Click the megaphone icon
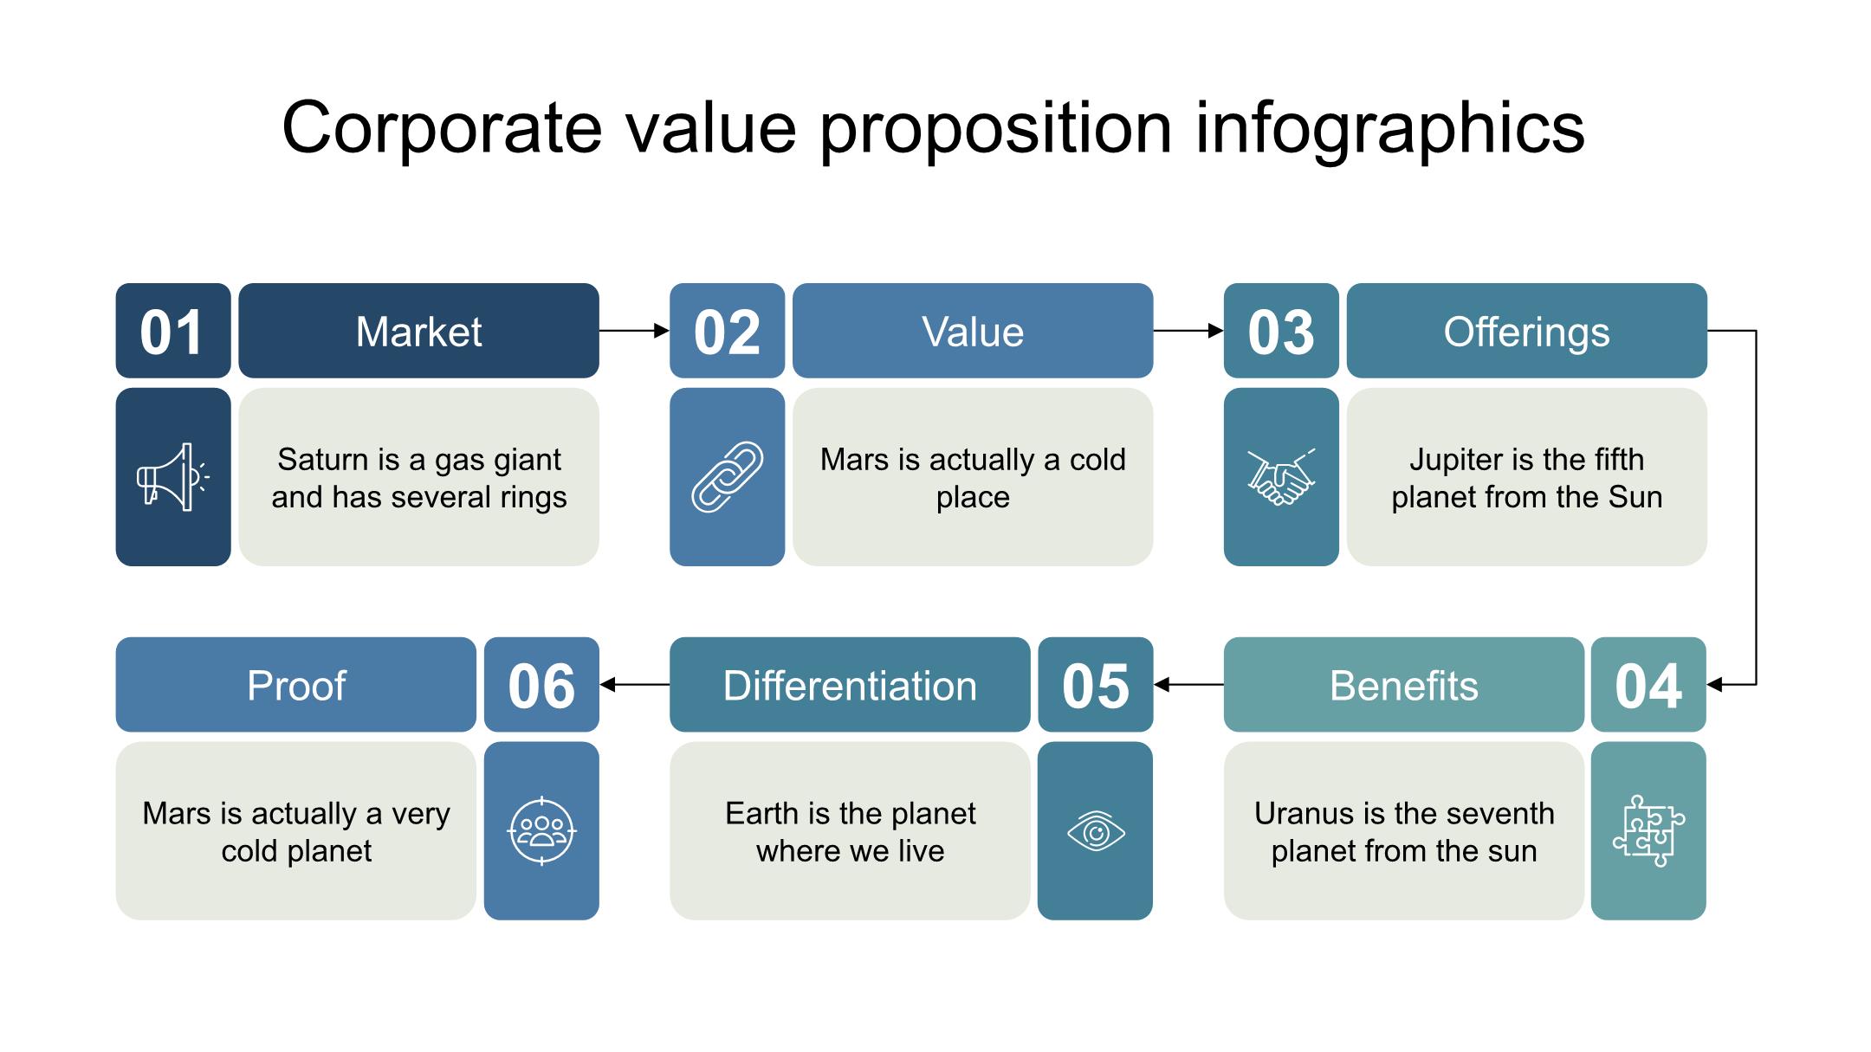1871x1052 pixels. coord(172,477)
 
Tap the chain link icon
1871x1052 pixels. coord(727,477)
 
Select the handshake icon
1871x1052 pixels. coord(1281,477)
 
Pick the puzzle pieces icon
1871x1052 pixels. coord(1648,830)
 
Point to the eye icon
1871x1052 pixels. coord(1096,832)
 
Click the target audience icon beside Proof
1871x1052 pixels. coord(541,831)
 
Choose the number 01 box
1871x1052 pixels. coord(173,331)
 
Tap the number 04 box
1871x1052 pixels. coord(1648,685)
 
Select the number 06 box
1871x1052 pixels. coord(541,685)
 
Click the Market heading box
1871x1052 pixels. coord(418,331)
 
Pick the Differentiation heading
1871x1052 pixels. coord(850,685)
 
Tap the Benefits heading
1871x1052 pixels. coord(1404,685)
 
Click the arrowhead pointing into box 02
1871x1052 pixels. coord(662,331)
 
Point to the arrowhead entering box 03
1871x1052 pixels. coord(1216,331)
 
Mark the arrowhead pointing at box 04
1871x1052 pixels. coord(1714,685)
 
